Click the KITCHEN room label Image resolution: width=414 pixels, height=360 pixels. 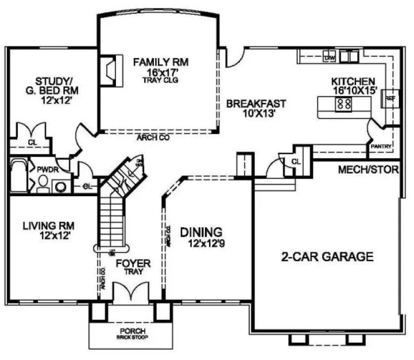(x=354, y=81)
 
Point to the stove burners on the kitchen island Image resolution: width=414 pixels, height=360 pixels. (x=344, y=104)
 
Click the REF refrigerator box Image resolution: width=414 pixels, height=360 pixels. (x=390, y=99)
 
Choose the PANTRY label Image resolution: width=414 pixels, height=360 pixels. (x=380, y=146)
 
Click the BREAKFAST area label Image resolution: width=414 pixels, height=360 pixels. (x=256, y=104)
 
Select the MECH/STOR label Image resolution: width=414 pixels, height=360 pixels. (x=368, y=170)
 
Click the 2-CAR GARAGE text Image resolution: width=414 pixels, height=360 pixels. (x=327, y=256)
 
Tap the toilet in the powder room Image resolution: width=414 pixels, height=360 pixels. (x=43, y=187)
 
